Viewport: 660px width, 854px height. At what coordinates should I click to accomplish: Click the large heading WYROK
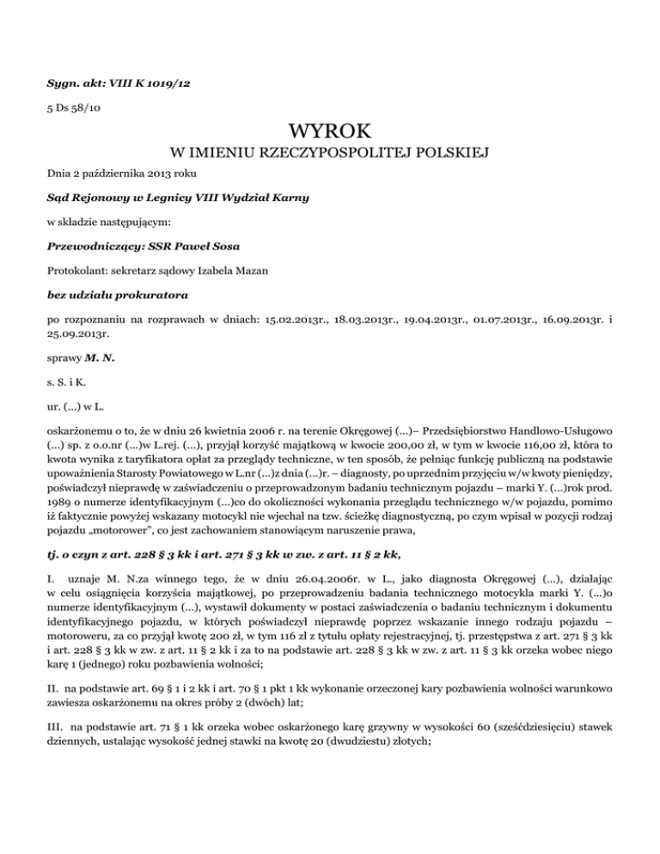point(330,131)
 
